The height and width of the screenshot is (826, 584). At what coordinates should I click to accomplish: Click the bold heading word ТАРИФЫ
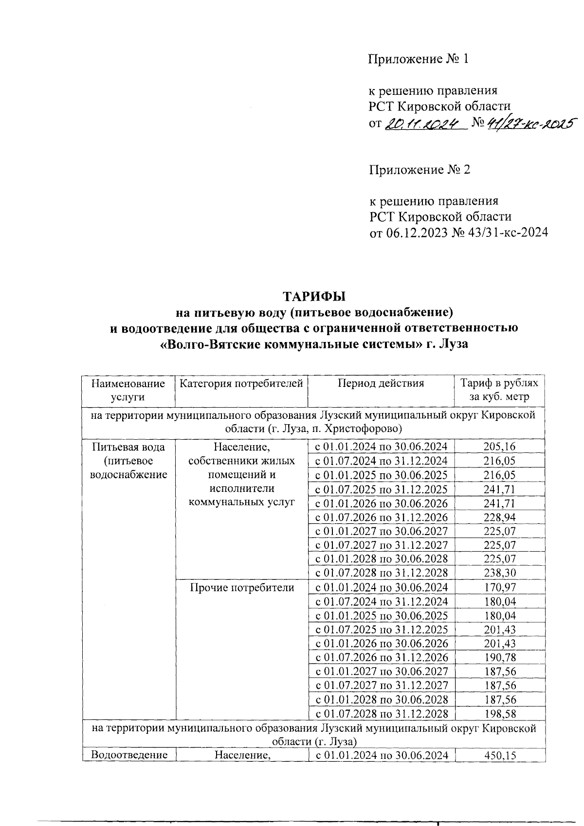314,296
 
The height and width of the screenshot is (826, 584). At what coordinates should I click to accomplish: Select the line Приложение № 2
420,170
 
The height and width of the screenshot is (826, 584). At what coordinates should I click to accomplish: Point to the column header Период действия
381,383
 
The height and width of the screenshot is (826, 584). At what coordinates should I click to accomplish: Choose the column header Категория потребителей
241,383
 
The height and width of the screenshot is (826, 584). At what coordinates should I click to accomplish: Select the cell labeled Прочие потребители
241,588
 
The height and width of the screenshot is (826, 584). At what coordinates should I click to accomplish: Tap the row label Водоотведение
129,755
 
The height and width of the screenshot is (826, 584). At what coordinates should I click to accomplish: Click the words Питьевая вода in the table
128,447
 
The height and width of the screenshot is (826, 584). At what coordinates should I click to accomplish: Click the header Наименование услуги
128,390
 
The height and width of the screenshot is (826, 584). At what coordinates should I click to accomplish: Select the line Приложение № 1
418,59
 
